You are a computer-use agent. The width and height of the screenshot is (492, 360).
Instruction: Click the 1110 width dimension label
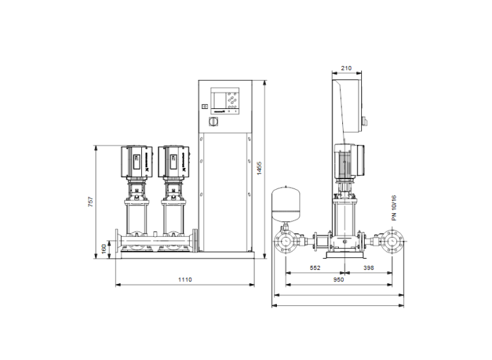point(185,279)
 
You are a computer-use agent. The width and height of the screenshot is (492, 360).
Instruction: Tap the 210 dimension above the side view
point(346,69)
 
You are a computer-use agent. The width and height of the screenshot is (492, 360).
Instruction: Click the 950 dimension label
point(338,279)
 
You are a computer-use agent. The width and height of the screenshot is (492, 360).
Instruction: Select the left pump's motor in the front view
point(136,160)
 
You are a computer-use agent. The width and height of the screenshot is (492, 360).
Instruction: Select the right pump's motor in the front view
point(173,160)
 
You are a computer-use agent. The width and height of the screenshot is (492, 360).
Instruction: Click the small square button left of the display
point(205,107)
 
